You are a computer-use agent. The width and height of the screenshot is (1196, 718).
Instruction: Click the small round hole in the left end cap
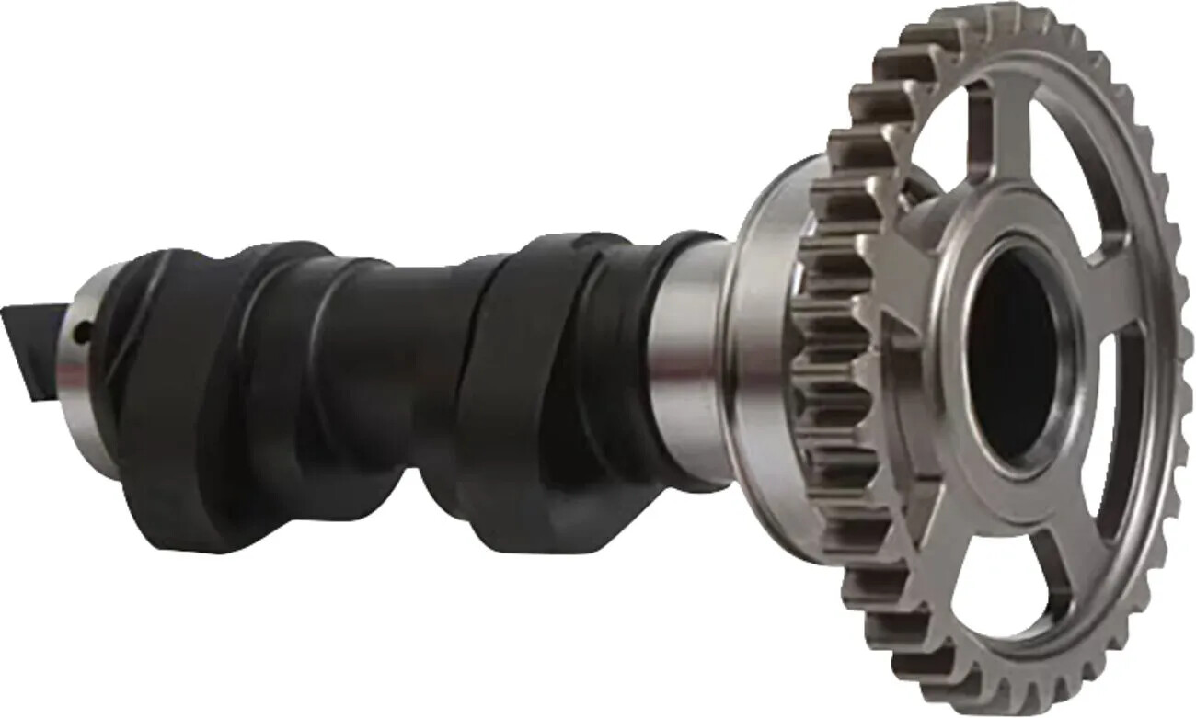pos(81,334)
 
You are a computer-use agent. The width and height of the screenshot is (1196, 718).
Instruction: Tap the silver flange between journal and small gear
pos(759,368)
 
